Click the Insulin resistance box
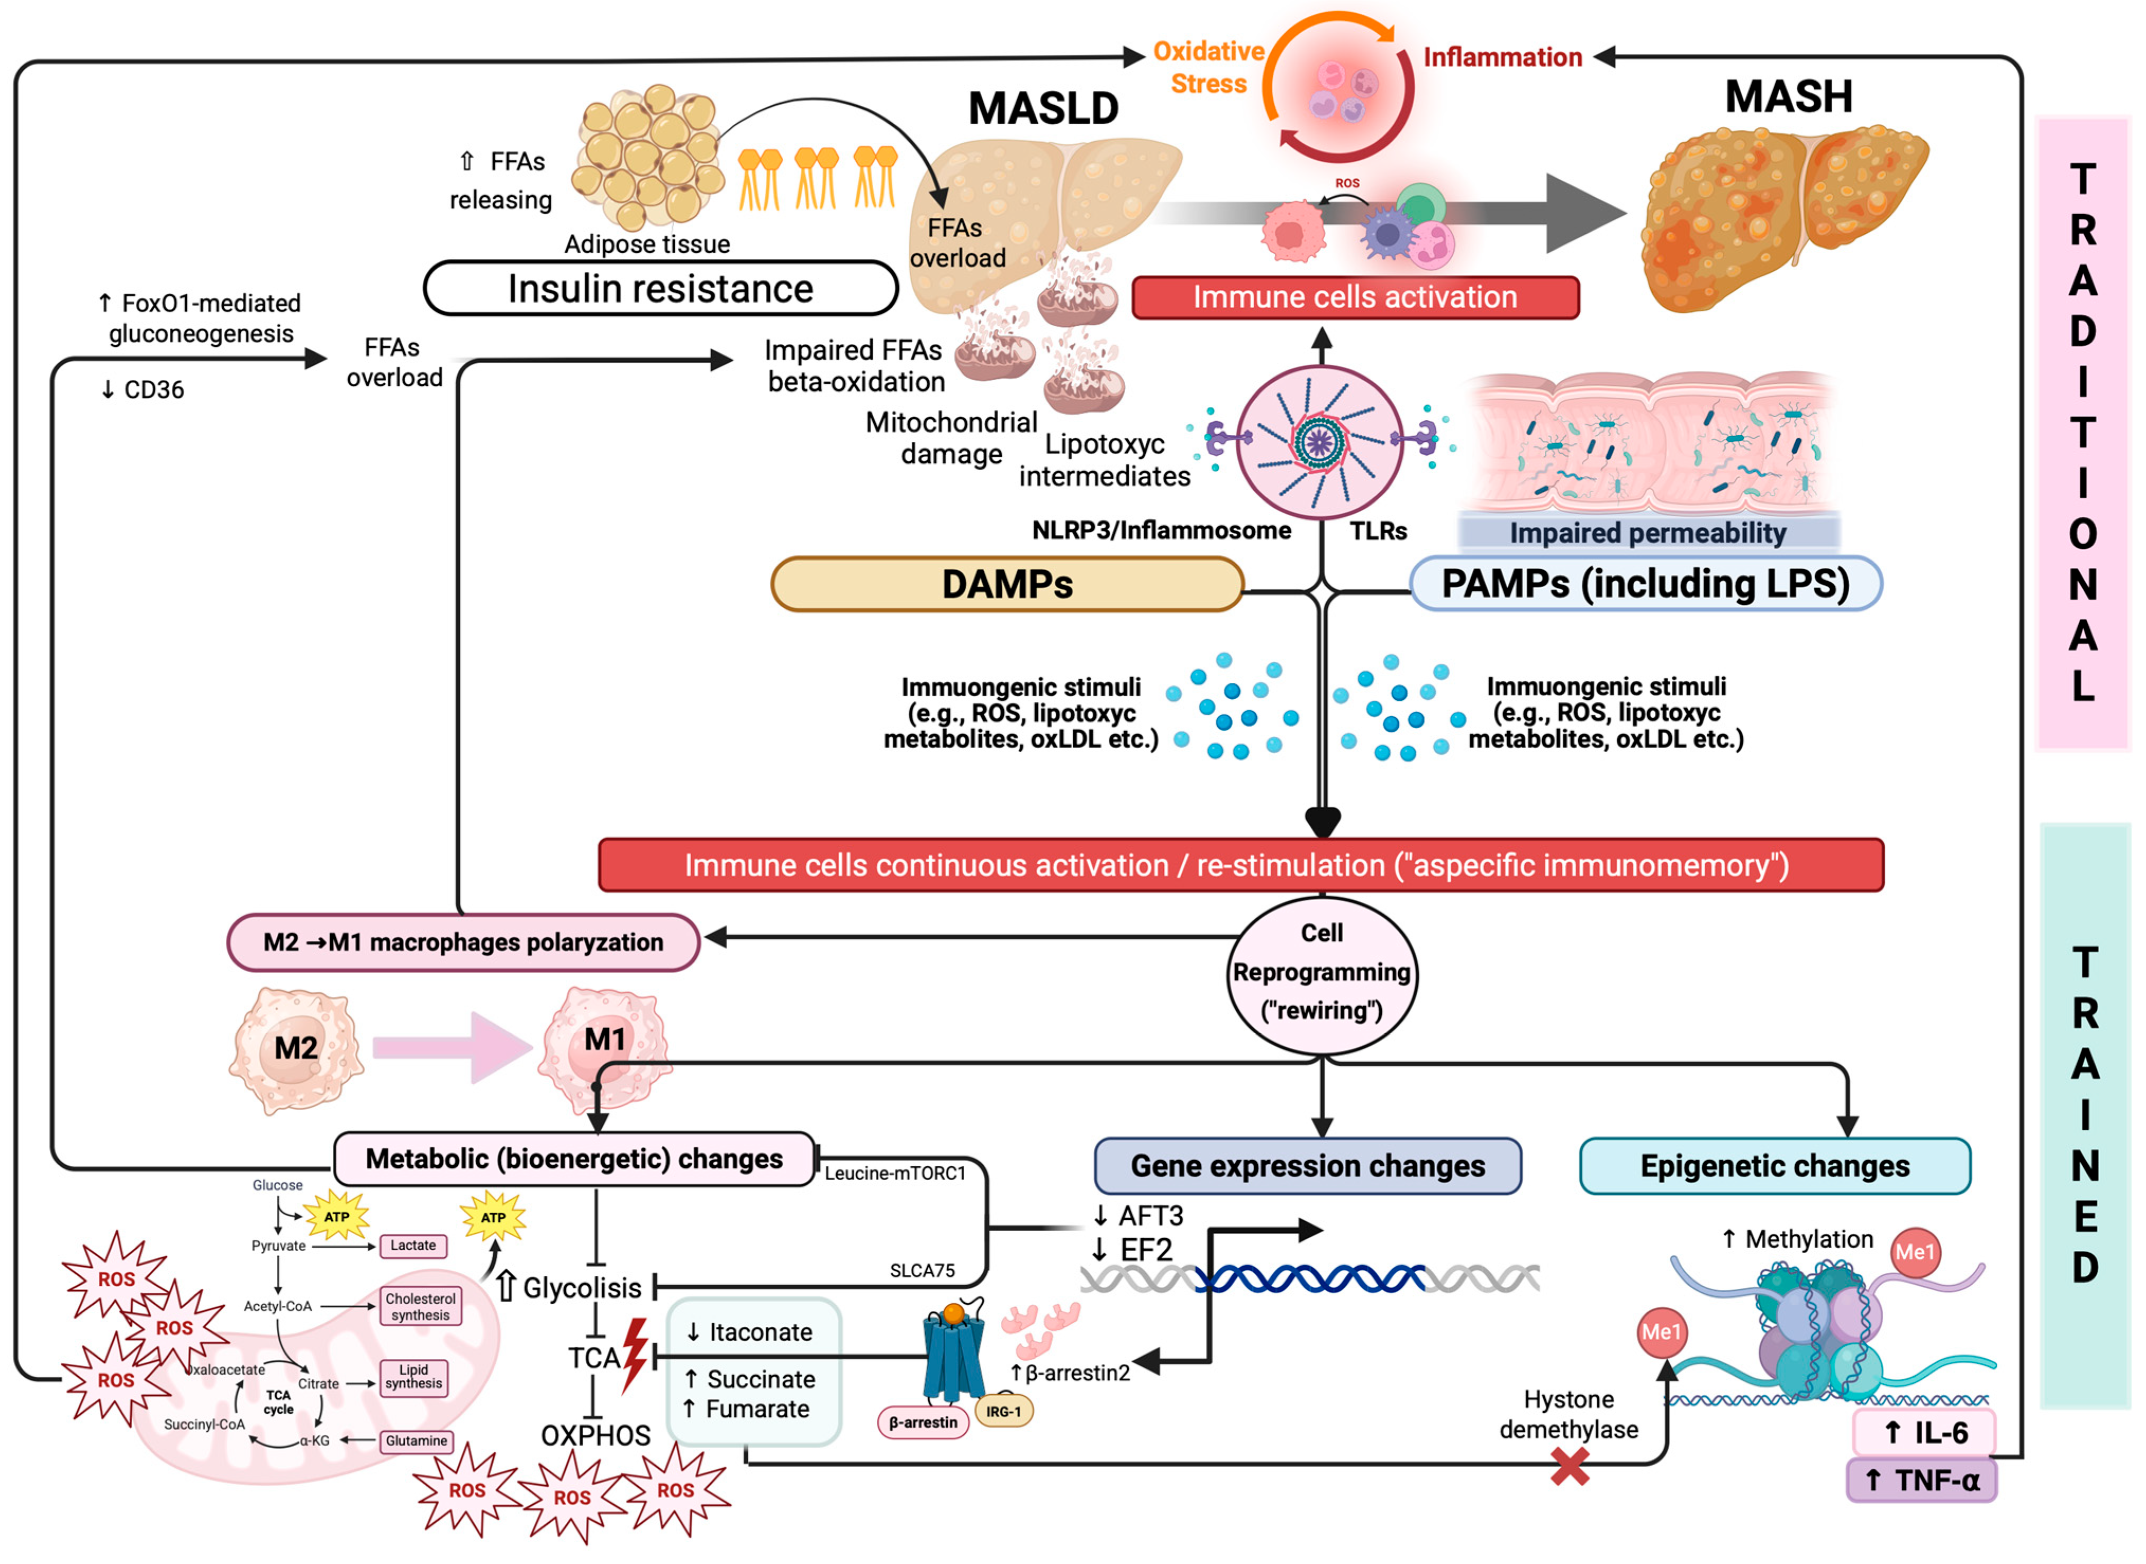660,289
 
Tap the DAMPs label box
1007,584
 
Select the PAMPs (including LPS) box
1645,584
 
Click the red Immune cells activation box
1354,297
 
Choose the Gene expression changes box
1307,1165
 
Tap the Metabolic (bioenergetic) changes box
574,1159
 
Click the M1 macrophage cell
604,1046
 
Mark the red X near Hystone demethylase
1569,1468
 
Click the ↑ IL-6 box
1923,1432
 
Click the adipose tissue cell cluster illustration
648,156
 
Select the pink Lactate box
413,1246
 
